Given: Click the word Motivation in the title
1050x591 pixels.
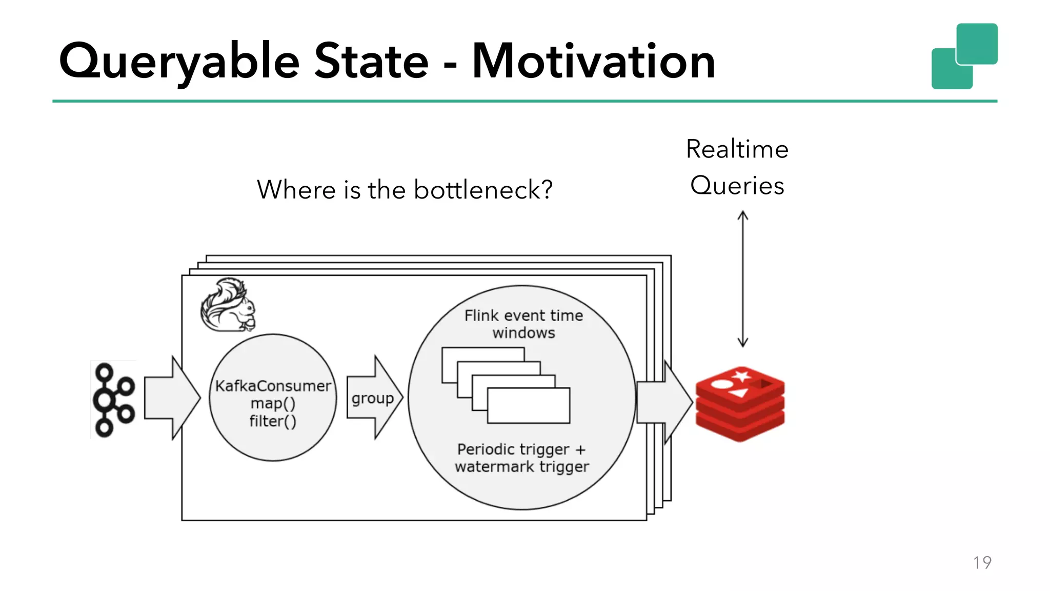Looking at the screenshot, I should point(593,62).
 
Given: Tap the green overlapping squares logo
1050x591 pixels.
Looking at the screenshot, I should point(964,56).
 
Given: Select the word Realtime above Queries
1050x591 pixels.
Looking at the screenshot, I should point(737,149).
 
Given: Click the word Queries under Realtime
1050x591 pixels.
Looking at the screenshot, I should point(737,186).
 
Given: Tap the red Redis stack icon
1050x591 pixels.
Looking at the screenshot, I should point(740,404).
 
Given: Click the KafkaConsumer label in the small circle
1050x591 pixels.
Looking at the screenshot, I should point(273,386).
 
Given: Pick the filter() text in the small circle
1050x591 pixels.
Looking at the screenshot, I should point(273,421).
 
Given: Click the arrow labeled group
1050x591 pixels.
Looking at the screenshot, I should point(374,398).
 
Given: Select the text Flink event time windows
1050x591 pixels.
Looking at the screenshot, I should point(523,324).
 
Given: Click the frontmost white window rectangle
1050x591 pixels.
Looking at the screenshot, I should point(529,406).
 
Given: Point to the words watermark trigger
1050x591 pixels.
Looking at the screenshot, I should point(522,467).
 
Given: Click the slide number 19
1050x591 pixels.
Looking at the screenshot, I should point(982,563).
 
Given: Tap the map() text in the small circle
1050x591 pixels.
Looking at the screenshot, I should point(273,403).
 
